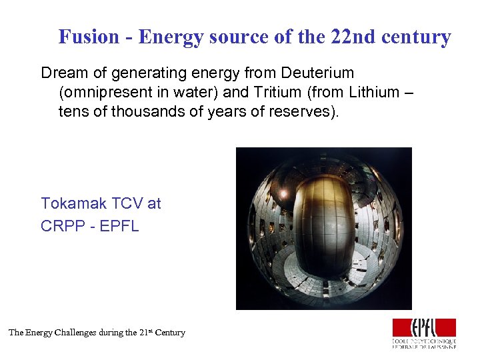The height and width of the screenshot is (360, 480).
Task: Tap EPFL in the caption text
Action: pyautogui.click(x=121, y=226)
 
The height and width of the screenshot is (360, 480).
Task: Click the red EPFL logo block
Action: pyautogui.click(x=424, y=327)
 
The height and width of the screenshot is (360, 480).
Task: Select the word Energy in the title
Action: pyautogui.click(x=171, y=37)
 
